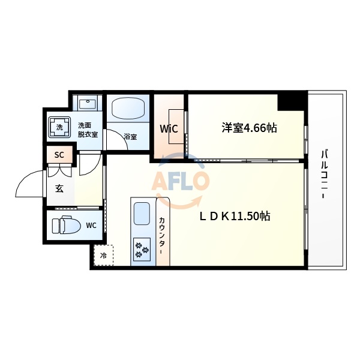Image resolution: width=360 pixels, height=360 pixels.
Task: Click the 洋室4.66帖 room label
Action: [x=249, y=128]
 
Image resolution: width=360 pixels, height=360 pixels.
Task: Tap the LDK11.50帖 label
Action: [x=235, y=217]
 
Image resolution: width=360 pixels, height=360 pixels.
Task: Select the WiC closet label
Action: [x=167, y=128]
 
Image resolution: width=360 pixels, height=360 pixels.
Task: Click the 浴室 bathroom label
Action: [x=130, y=137]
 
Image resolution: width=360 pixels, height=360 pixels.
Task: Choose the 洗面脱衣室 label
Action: [x=88, y=130]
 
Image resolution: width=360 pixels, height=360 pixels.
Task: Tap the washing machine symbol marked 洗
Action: [x=59, y=127]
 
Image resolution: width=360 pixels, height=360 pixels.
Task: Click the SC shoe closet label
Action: [x=59, y=155]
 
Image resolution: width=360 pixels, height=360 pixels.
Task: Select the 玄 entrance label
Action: [x=59, y=188]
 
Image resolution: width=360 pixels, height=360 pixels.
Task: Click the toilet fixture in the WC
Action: [x=62, y=226]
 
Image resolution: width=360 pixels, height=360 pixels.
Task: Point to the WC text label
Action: [x=91, y=226]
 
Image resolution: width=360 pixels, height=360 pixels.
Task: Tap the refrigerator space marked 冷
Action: [x=103, y=255]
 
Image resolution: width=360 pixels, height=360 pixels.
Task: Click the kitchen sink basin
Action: [x=142, y=214]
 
